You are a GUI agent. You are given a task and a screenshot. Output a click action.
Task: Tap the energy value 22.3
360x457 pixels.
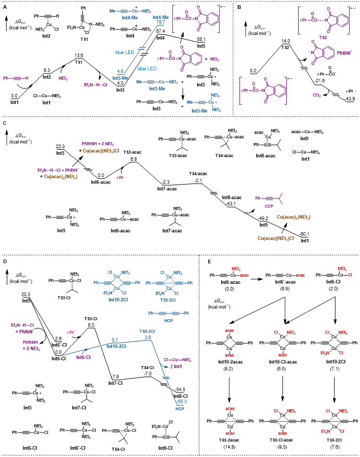(x=60, y=147)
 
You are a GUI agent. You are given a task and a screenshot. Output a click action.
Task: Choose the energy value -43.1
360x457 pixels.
(x=227, y=203)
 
